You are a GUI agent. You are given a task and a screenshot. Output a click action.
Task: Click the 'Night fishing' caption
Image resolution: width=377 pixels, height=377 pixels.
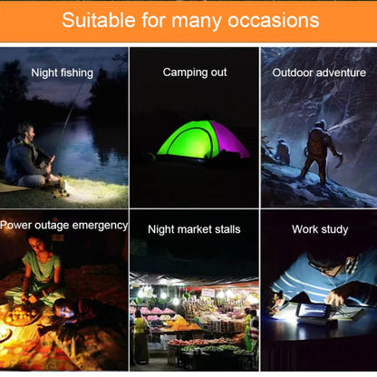pyautogui.click(x=62, y=72)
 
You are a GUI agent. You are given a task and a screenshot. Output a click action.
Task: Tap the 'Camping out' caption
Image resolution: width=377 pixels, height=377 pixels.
pyautogui.click(x=194, y=72)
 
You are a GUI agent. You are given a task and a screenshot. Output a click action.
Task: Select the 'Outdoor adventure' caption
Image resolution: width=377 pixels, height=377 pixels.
pyautogui.click(x=319, y=72)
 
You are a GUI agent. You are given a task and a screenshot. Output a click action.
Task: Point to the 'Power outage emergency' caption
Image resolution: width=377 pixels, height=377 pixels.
pyautogui.click(x=63, y=225)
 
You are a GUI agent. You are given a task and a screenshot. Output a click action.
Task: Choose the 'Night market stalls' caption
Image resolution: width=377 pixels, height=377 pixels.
pyautogui.click(x=194, y=229)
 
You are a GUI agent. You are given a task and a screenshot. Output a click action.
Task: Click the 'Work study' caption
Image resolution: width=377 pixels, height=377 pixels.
pyautogui.click(x=319, y=229)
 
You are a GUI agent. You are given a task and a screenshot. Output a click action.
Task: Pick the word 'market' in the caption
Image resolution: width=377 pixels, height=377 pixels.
pyautogui.click(x=198, y=229)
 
